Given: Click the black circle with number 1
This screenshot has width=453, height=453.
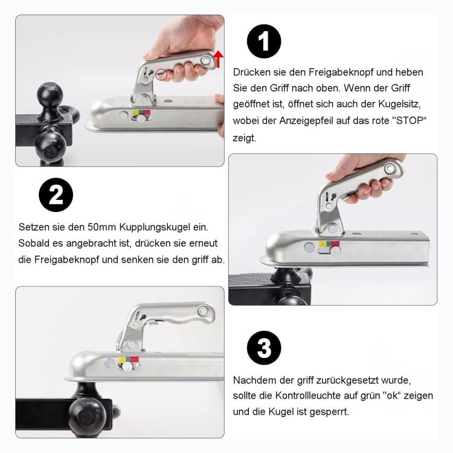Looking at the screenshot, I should pos(264,42).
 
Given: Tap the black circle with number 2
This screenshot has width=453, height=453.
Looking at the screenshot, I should pos(56,195).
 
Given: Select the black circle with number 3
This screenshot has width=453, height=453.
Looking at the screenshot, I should pos(264,349).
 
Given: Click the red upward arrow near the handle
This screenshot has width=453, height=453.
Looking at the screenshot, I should pos(218,59).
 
